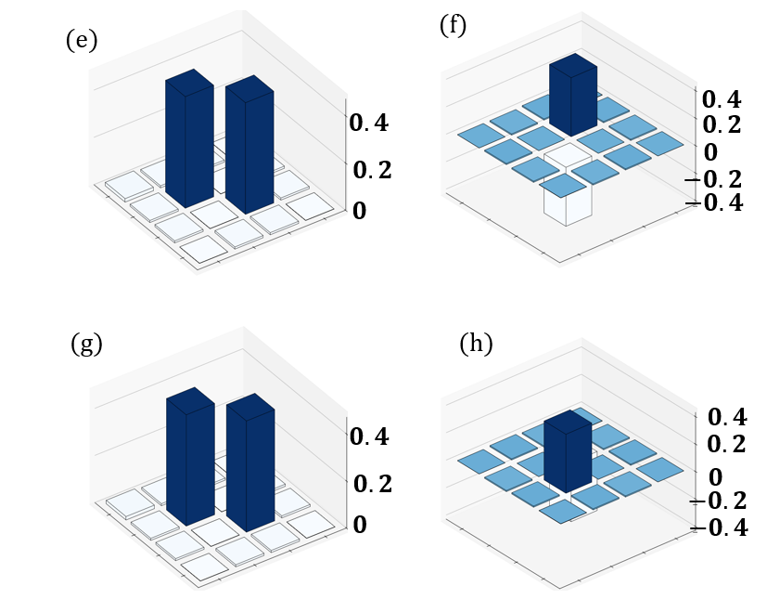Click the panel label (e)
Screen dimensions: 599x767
82,41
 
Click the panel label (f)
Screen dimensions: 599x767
453,25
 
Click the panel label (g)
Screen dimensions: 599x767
86,344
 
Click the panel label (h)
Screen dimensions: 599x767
476,343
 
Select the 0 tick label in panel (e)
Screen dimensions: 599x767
359,211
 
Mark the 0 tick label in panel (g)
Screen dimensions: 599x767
359,525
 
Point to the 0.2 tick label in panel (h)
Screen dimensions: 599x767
727,444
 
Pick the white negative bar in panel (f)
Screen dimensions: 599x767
567,204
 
